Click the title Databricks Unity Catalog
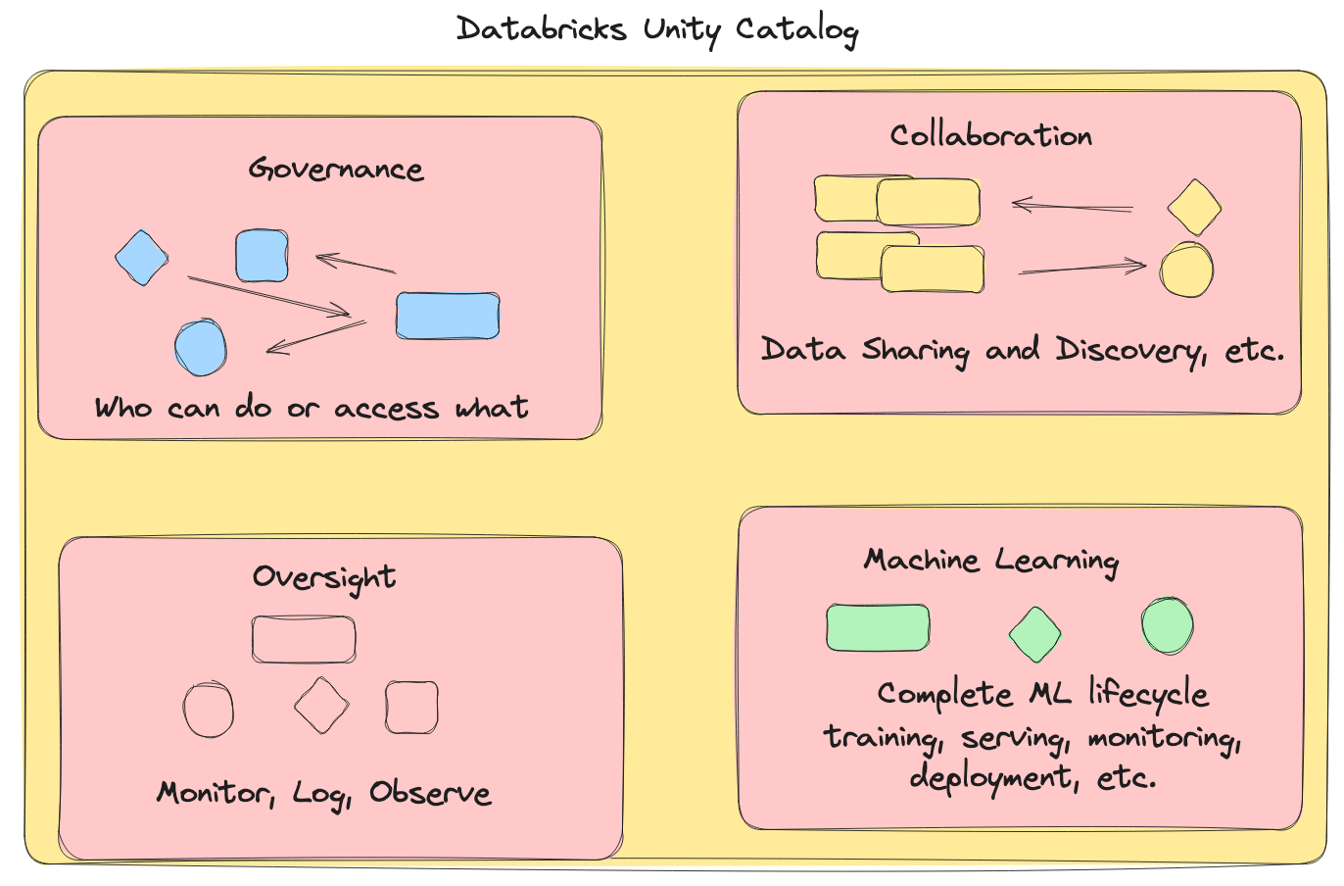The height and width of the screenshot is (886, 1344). (657, 29)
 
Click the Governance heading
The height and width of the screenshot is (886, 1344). (336, 170)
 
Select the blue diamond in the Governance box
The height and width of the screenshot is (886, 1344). (142, 258)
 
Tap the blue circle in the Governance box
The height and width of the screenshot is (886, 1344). (201, 347)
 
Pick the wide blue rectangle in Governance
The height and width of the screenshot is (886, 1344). (448, 316)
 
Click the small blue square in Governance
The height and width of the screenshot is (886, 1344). (263, 255)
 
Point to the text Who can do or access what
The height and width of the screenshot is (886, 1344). (312, 408)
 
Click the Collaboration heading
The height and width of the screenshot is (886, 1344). (990, 135)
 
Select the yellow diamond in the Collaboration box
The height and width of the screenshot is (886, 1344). (1195, 208)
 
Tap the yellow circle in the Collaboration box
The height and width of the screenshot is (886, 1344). (1187, 270)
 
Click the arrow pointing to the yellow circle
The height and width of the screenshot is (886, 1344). (1082, 268)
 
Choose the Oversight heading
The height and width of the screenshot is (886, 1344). (324, 577)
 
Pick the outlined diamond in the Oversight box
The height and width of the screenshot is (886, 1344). (321, 706)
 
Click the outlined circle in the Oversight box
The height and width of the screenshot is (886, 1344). (209, 709)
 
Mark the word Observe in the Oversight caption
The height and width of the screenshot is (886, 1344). (430, 793)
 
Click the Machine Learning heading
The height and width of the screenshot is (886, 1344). (990, 561)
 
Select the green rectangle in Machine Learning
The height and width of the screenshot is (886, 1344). (878, 628)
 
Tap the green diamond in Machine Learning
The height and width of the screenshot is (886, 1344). (1035, 634)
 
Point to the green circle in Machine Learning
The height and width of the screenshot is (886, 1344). (1168, 626)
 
